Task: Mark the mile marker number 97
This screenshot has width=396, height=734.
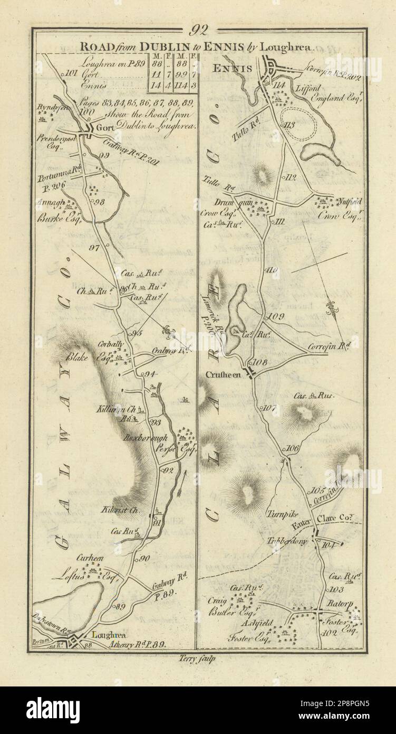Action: (x=95, y=248)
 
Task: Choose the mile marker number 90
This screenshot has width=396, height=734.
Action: (x=145, y=558)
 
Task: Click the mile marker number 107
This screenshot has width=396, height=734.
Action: (x=269, y=408)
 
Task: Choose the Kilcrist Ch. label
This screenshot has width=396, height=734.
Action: (x=124, y=511)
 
